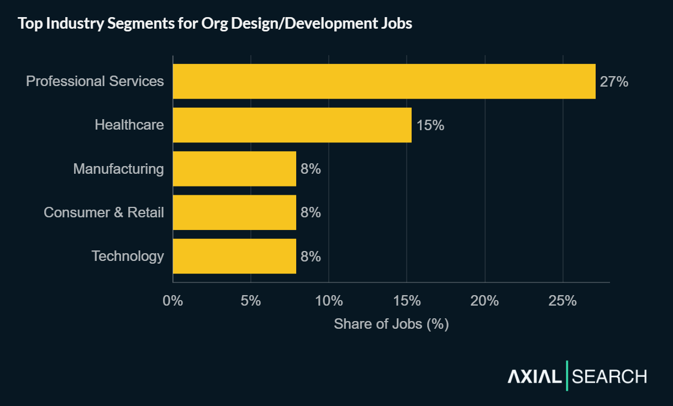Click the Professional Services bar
[384, 81]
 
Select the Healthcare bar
[292, 125]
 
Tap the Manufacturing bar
[234, 169]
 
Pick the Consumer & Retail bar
[234, 212]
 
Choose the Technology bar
[234, 256]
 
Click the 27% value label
[614, 82]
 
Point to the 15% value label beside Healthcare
[430, 125]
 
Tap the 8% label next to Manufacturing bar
[311, 169]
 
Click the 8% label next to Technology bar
[311, 257]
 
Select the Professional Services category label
[95, 81]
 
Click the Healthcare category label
[129, 125]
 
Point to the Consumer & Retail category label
[104, 212]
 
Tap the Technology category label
[128, 256]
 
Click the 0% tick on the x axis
[173, 301]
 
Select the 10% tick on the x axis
[329, 301]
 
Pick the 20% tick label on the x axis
[485, 301]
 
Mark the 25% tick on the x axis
[562, 301]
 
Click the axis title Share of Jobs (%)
[391, 324]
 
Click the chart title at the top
[215, 24]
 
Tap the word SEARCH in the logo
[609, 377]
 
